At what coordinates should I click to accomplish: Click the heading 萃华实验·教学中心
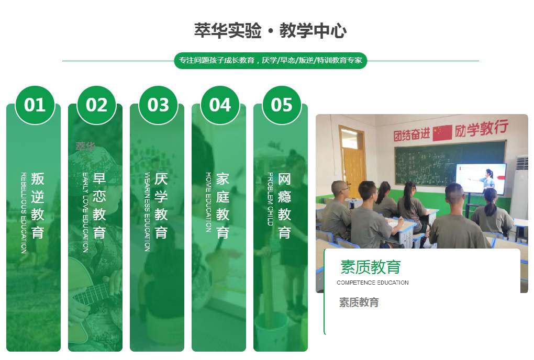click(270, 31)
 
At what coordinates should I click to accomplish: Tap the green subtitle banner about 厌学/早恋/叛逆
click(270, 61)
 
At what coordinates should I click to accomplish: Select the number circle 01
click(35, 105)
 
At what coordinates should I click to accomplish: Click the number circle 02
click(97, 105)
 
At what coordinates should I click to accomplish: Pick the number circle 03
click(158, 105)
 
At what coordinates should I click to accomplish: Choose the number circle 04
click(220, 105)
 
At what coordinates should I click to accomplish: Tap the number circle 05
click(282, 105)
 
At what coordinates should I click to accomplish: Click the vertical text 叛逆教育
click(38, 206)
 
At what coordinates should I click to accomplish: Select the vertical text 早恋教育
click(99, 206)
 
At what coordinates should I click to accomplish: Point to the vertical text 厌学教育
click(161, 206)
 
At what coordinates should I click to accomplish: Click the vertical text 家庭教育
click(223, 206)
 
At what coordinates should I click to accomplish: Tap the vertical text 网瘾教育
click(284, 206)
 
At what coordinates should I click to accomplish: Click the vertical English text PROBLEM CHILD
click(271, 199)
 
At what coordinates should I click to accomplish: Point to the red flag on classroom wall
click(442, 132)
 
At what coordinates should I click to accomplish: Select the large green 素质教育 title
click(370, 267)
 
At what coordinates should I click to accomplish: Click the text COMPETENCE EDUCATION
click(373, 283)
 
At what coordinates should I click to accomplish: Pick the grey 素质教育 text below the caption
click(359, 302)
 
